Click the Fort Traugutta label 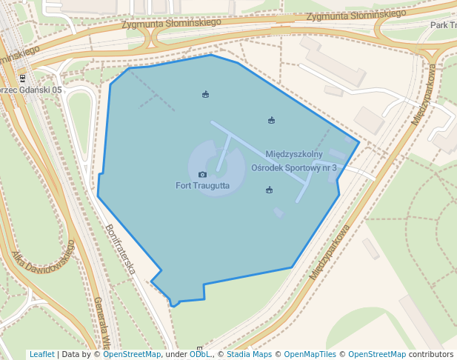tap(202, 185)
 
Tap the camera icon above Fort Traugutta tap(202, 175)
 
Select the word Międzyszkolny tap(294, 154)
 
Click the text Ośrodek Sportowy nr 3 tap(294, 168)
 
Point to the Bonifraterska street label tap(120, 250)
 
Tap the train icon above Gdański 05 tap(22, 79)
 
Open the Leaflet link tap(41, 355)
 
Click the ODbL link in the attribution tap(199, 355)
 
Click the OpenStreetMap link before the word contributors tap(376, 355)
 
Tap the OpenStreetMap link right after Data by tap(131, 355)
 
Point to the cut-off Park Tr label tap(442, 25)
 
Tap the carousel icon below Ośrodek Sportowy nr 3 tap(269, 190)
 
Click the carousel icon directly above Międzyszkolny tap(272, 121)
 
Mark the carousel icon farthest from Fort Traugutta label tap(205, 94)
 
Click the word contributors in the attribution tap(430, 355)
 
